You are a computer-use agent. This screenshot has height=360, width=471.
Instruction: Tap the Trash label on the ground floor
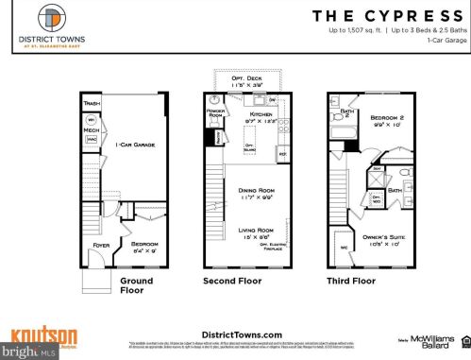[92, 104]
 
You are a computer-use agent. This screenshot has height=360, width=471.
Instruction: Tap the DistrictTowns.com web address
[235, 334]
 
